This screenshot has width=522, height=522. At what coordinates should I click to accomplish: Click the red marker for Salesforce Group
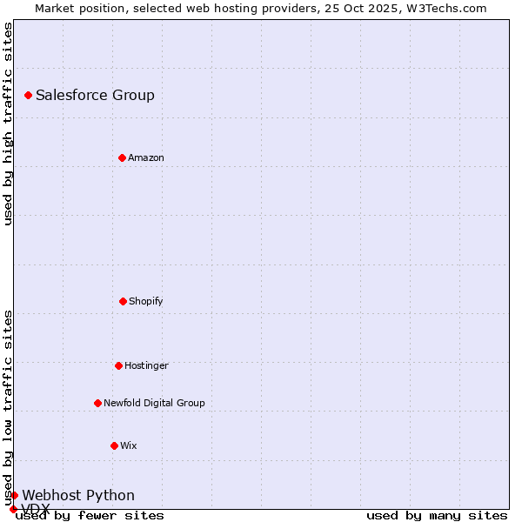click(28, 95)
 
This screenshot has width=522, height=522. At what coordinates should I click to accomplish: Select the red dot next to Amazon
click(122, 157)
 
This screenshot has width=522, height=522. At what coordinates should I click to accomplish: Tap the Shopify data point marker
click(123, 301)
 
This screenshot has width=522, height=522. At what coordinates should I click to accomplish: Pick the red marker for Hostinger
click(118, 365)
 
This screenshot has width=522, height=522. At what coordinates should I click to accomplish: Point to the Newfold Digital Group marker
click(97, 403)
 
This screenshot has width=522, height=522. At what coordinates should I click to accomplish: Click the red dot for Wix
click(114, 445)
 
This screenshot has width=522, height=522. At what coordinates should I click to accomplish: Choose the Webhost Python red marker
click(14, 495)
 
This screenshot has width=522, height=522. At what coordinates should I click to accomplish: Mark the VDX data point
click(13, 509)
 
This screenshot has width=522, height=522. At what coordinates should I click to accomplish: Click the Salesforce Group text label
click(95, 95)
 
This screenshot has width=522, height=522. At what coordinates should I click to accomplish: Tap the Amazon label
click(146, 157)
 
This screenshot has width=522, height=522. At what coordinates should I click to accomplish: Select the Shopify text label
click(146, 301)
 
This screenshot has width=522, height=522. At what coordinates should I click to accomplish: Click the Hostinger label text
click(146, 365)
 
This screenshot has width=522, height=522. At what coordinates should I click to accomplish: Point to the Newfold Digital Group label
click(154, 403)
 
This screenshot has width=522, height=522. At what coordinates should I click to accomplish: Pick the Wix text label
click(129, 445)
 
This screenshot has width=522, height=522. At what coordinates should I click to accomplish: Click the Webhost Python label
click(78, 495)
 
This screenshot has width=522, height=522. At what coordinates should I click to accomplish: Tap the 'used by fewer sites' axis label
click(90, 515)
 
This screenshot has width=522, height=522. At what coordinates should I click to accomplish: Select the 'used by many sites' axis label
click(437, 515)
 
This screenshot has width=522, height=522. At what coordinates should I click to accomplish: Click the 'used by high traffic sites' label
click(8, 124)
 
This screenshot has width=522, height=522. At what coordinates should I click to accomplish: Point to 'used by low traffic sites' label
click(8, 407)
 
